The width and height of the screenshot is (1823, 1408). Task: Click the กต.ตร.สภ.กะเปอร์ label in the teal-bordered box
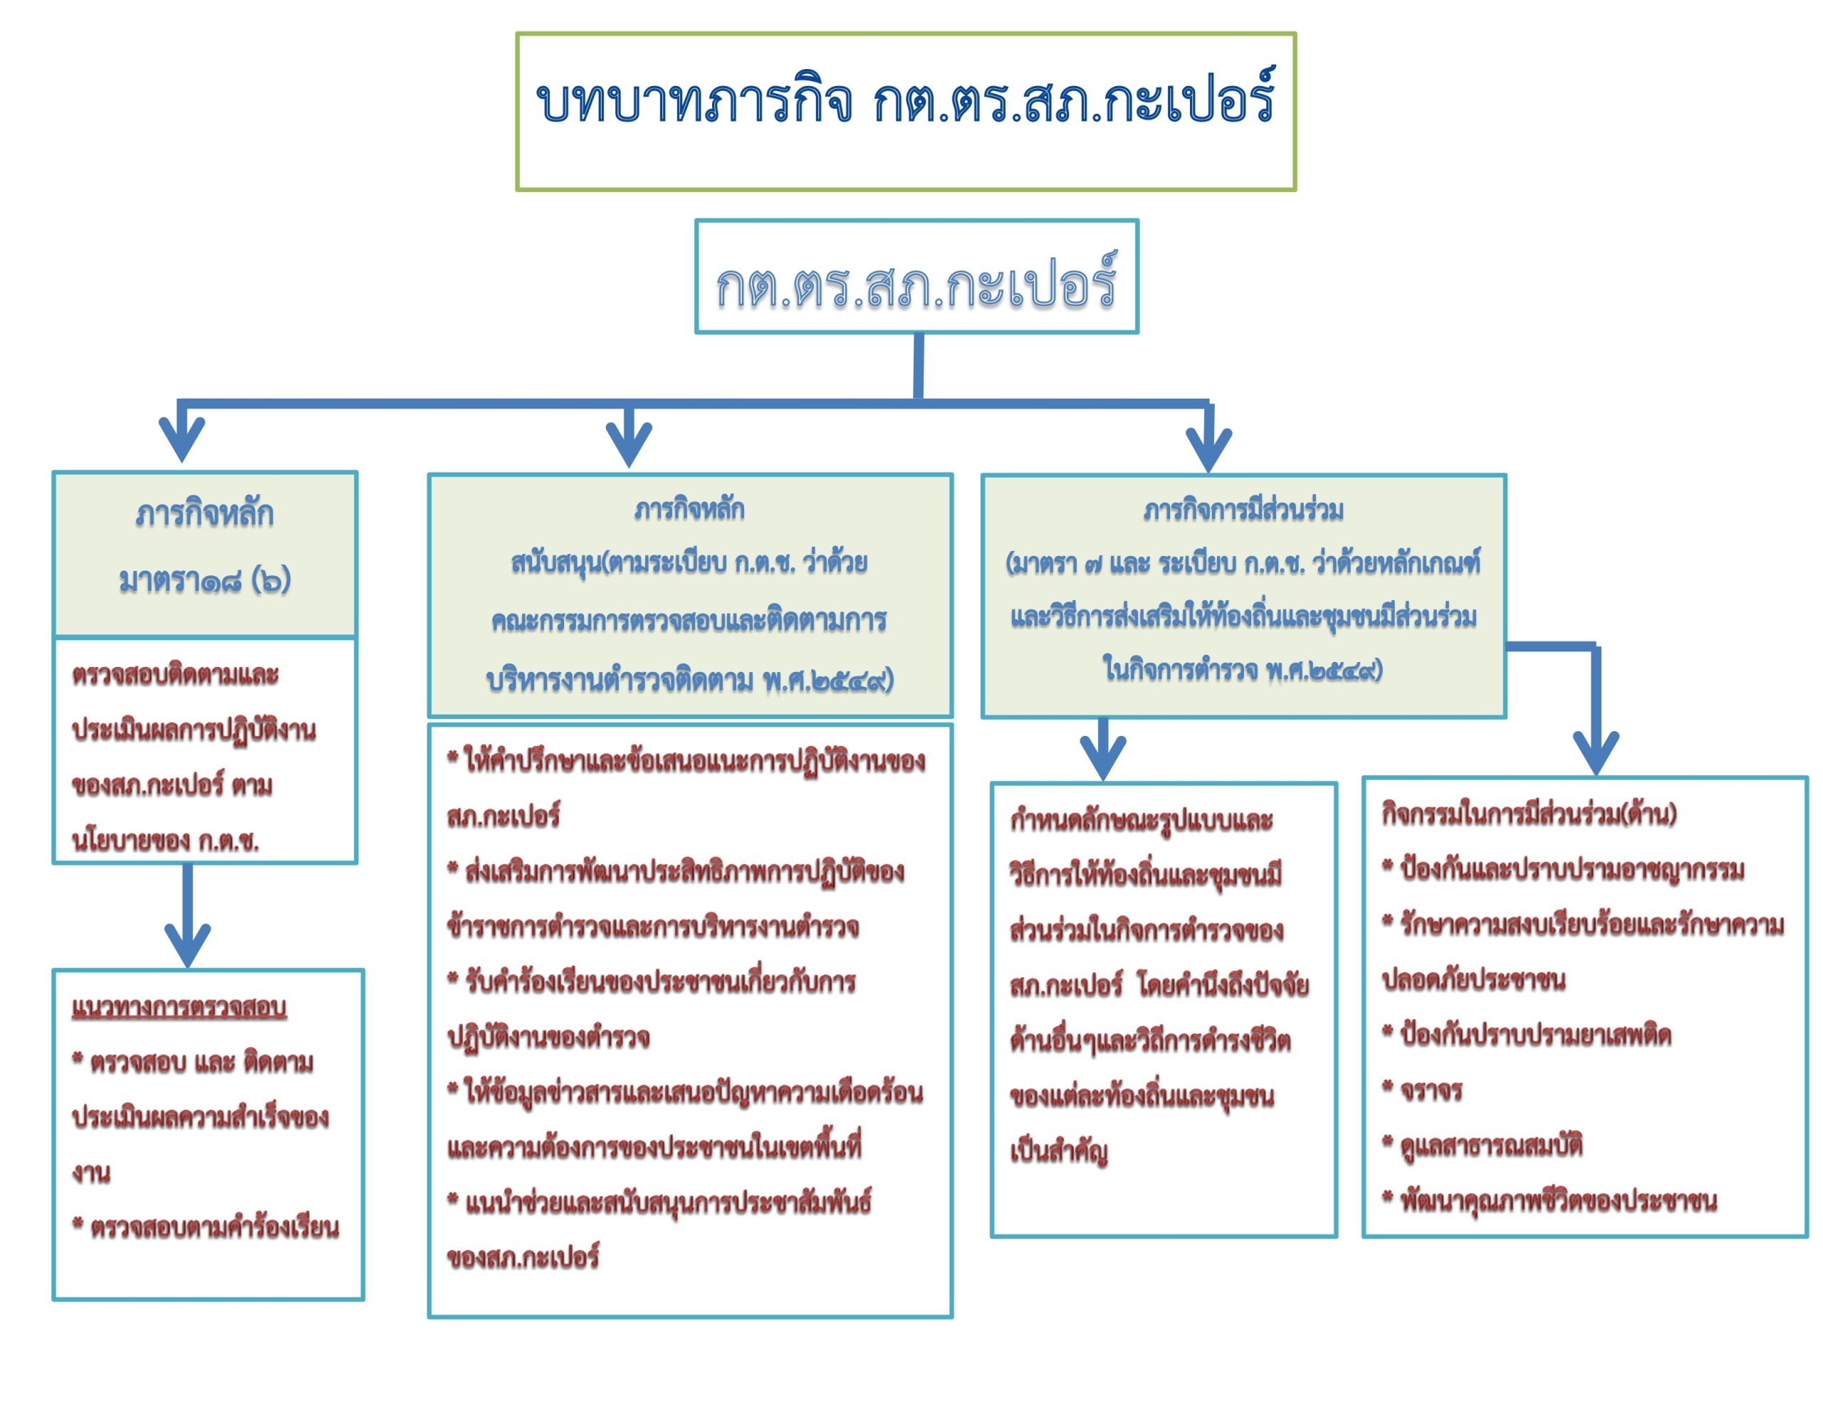pos(916,282)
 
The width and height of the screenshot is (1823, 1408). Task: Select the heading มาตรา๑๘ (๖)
pos(204,580)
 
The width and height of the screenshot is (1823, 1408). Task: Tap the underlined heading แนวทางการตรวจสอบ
pos(179,1008)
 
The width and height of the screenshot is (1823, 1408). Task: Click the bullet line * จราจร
pos(1421,1090)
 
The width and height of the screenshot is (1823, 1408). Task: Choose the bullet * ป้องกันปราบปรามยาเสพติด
pos(1526,1035)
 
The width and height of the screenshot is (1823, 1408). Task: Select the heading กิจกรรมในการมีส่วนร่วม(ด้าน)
pos(1529,814)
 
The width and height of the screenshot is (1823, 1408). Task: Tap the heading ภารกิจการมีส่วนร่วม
pos(1244,510)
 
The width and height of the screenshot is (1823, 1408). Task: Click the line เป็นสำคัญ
pos(1059,1152)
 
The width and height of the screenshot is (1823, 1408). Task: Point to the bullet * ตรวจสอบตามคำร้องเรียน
pos(205,1227)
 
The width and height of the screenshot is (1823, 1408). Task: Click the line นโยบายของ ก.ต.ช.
pos(165,841)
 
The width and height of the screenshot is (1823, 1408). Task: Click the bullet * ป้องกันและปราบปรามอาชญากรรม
pos(1562,869)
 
